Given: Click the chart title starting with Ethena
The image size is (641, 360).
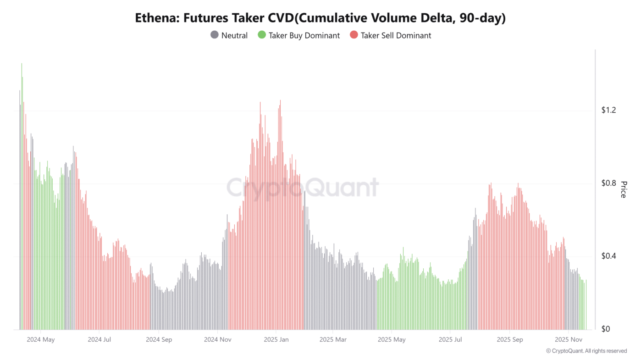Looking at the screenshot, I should pos(320,18).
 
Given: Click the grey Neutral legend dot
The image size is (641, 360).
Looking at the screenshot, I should pos(214,35).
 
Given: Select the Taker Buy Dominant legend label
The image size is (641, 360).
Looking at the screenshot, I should pos(304,35).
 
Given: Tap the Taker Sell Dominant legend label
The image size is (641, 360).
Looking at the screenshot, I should pos(396,35).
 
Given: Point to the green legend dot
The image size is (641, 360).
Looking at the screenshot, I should pos(262,35).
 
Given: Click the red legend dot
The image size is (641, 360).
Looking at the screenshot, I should pos(354,35).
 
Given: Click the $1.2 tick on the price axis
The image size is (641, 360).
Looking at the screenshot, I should pos(609,110).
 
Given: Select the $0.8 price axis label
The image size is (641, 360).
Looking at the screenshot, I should pos(609,183).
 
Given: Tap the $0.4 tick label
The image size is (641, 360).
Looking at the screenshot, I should pos(609,256).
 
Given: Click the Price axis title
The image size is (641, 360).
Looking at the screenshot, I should pos(623,189).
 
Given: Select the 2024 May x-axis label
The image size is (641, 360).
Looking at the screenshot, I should pos(41,340).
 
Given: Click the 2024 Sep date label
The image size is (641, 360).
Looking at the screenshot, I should pos(159,340).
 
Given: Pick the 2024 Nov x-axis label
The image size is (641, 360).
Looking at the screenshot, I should pos(218,340).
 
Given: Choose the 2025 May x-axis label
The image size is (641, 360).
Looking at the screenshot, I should pos(392,340).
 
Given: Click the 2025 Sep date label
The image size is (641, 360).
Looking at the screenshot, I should pos(510,340).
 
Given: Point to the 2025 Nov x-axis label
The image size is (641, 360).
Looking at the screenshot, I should pos(569,340).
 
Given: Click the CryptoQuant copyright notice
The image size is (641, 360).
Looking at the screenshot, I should pos(586,351).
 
